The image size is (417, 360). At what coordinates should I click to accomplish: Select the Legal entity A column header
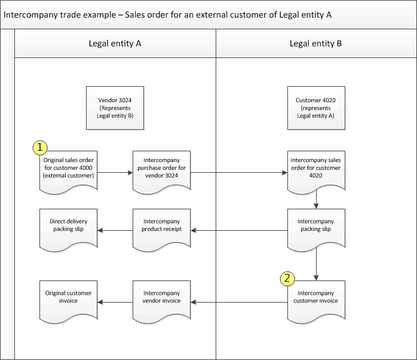[115, 43]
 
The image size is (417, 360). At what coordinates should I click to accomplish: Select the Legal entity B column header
[315, 43]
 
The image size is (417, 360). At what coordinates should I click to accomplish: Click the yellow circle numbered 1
[39, 147]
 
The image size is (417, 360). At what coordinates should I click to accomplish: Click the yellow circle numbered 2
[287, 277]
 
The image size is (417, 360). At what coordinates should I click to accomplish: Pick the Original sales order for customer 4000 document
[69, 169]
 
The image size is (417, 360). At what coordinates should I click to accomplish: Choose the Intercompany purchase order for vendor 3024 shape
[161, 169]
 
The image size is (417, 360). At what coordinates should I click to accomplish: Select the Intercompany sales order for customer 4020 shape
[315, 169]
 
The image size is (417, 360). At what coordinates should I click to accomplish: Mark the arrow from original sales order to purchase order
[115, 173]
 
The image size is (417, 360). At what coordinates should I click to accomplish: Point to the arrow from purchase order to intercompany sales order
[239, 173]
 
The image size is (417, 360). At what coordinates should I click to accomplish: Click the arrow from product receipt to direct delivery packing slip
[115, 231]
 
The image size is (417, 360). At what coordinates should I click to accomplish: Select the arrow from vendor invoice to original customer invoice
[115, 302]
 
